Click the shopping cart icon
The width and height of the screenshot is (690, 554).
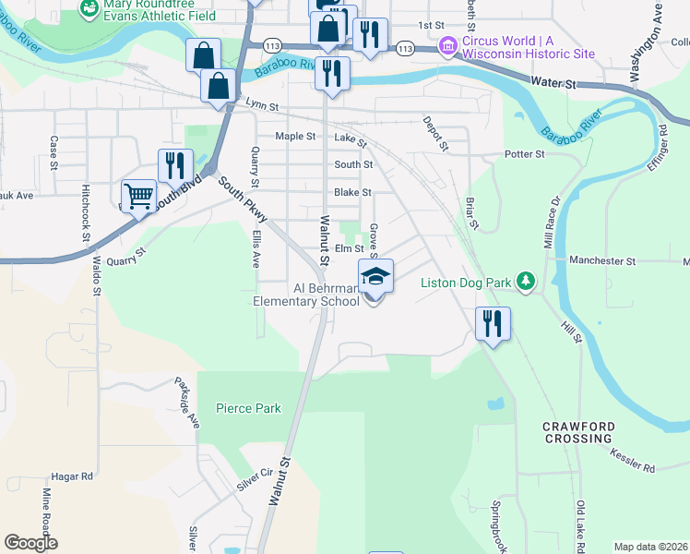pyautogui.click(x=138, y=195)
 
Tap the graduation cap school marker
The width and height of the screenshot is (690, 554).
pyautogui.click(x=375, y=275)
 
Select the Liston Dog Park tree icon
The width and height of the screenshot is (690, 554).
pyautogui.click(x=525, y=280)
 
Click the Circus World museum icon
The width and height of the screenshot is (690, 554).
pyautogui.click(x=448, y=44)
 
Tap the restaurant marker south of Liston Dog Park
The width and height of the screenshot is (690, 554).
pyautogui.click(x=493, y=323)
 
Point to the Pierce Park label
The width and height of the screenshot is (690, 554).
pyautogui.click(x=248, y=408)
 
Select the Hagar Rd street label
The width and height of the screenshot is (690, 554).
pyautogui.click(x=74, y=476)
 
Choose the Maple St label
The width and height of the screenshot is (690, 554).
pyautogui.click(x=295, y=136)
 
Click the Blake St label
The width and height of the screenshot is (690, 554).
pyautogui.click(x=352, y=192)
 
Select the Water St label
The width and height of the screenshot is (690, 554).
pyautogui.click(x=557, y=84)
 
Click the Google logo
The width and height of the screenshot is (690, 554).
pyautogui.click(x=30, y=543)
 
